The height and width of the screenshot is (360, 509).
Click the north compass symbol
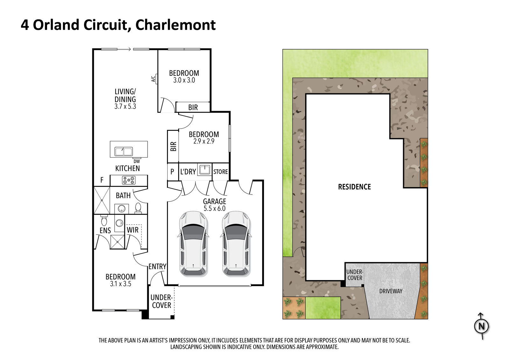tap(481, 326)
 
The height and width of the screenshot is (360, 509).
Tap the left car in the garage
tap(193, 244)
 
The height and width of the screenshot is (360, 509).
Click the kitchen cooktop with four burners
tap(129, 180)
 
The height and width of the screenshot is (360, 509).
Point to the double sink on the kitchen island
tap(123, 151)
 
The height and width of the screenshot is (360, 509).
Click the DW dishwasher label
tap(136, 161)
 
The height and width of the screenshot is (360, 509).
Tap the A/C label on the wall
tap(153, 79)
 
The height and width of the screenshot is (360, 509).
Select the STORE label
tap(220, 172)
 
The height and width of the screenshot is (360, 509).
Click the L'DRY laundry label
tap(188, 172)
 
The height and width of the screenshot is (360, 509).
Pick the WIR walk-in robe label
tap(132, 230)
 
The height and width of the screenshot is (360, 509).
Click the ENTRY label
tap(157, 266)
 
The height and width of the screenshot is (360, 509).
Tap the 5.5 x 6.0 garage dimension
tap(214, 208)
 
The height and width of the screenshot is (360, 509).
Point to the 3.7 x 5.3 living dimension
tap(125, 106)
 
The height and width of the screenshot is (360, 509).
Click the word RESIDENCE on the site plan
tap(354, 187)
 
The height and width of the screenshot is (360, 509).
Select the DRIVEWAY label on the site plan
tap(391, 291)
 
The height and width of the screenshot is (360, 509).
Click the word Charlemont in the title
tap(175, 25)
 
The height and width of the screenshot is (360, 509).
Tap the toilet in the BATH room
tap(138, 208)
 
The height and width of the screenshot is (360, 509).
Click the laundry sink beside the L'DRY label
tap(205, 170)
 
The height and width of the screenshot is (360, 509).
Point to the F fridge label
tap(102, 180)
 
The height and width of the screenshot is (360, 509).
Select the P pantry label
tap(172, 172)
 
